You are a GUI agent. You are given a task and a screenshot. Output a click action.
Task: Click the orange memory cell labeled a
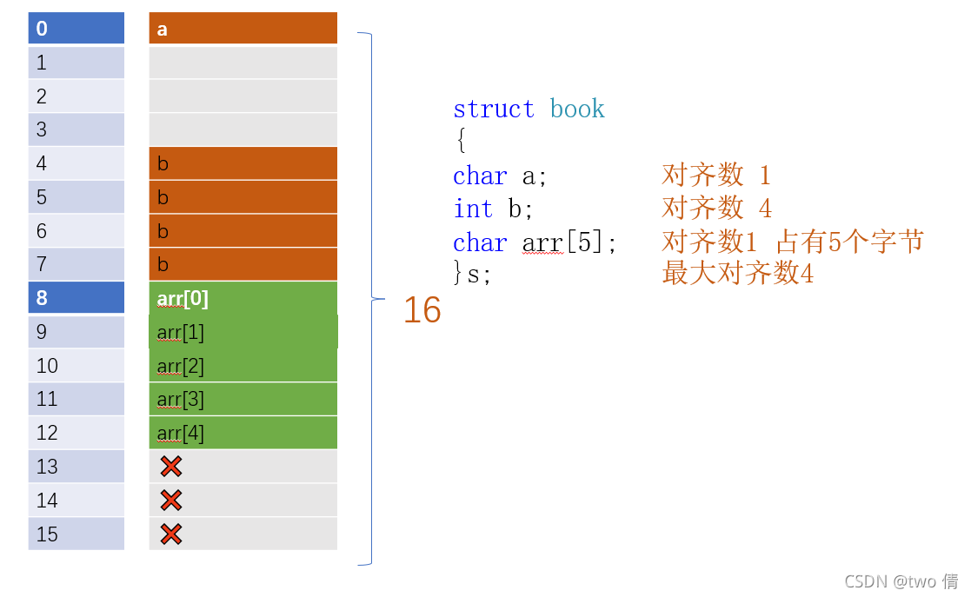click(x=243, y=29)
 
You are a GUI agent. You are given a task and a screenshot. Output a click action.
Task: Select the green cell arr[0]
click(x=243, y=299)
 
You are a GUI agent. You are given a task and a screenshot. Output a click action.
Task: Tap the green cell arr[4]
click(x=243, y=433)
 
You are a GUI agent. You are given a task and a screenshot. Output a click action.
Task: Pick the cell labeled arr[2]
click(x=243, y=366)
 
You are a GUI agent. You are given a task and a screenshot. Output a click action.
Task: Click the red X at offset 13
click(x=171, y=467)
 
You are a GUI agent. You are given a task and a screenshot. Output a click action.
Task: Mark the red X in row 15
click(x=171, y=534)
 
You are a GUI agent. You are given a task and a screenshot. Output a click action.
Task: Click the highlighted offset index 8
click(x=76, y=299)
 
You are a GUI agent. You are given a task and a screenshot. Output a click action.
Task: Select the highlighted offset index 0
click(x=76, y=29)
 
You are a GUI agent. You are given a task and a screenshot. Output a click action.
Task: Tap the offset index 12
click(x=76, y=433)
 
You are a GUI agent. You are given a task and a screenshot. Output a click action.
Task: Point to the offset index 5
click(x=76, y=197)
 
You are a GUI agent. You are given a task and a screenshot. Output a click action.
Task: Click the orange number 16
click(x=422, y=310)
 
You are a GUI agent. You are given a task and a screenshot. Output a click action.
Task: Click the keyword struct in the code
click(x=493, y=109)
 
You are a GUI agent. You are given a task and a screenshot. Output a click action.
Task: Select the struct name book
click(x=576, y=109)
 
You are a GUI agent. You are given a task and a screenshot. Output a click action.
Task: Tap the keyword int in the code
click(x=473, y=209)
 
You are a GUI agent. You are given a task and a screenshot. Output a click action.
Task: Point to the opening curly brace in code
click(x=460, y=142)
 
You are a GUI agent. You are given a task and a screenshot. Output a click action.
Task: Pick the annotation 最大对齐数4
click(x=737, y=275)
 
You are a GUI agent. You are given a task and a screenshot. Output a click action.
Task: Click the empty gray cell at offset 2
click(x=243, y=96)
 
